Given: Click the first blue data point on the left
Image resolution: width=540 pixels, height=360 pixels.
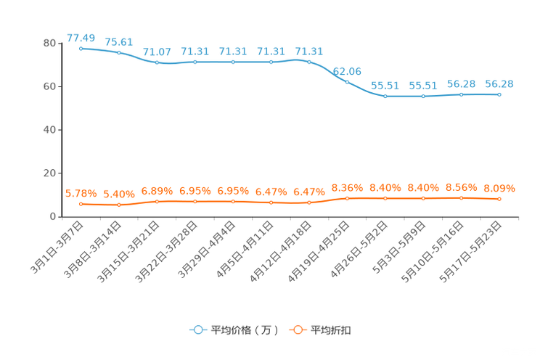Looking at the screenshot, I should tap(81, 48).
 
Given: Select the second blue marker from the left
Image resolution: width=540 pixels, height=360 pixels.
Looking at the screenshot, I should tap(119, 52).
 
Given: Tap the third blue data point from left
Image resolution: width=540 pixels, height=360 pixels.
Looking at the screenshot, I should tap(157, 62).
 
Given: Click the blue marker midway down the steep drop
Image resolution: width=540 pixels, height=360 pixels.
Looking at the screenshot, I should tap(347, 81).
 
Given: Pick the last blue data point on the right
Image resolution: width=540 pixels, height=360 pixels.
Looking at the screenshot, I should tap(499, 94).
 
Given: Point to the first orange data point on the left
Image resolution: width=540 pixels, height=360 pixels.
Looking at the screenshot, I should tap(81, 204).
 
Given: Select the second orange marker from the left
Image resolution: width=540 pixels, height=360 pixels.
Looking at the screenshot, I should tap(119, 205).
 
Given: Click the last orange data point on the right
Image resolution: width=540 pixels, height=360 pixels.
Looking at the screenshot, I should tap(499, 199).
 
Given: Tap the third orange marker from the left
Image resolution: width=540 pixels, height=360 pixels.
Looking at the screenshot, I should tap(157, 201).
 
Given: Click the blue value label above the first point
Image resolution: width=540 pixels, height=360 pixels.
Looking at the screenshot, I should tap(81, 37).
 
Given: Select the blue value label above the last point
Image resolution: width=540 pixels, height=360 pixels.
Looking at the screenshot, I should tap(499, 83).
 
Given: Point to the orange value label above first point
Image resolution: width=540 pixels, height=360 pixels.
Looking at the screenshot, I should tap(81, 194).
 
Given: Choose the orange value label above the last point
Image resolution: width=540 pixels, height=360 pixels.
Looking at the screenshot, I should tap(499, 189).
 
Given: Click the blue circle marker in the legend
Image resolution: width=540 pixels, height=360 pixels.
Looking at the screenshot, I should tap(197, 330).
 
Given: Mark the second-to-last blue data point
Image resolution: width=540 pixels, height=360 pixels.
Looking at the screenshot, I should tap(461, 94).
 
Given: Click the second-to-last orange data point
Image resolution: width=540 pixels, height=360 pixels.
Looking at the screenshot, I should tap(461, 197).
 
